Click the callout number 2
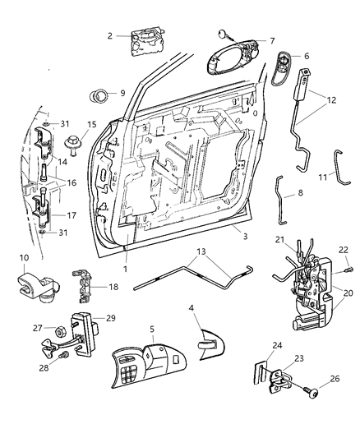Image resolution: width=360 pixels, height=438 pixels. pyautogui.click(x=110, y=35)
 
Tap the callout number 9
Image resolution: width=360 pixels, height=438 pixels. pyautogui.click(x=122, y=93)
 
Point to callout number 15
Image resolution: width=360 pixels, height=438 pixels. pyautogui.click(x=91, y=125)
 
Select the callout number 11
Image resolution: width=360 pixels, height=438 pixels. pyautogui.click(x=322, y=178)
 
